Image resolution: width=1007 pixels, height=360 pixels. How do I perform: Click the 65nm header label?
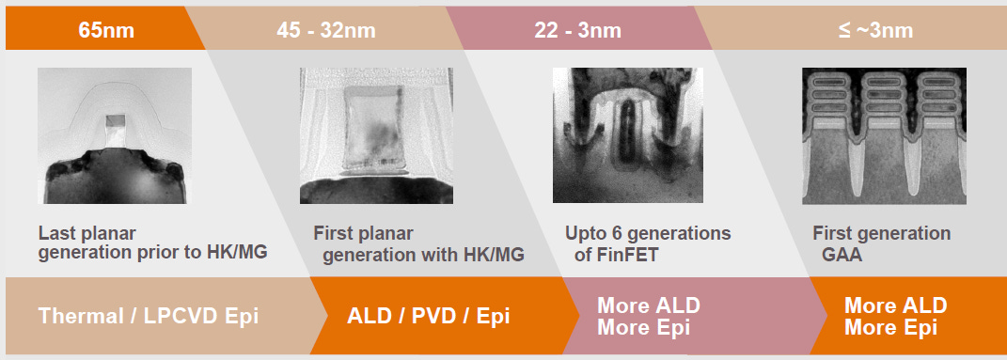tap(105, 30)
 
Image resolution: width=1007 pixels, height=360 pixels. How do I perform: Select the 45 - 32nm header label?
tap(325, 30)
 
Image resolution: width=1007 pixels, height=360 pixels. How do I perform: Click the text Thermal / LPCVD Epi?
tap(149, 316)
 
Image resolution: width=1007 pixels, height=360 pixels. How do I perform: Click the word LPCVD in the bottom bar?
tap(176, 316)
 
